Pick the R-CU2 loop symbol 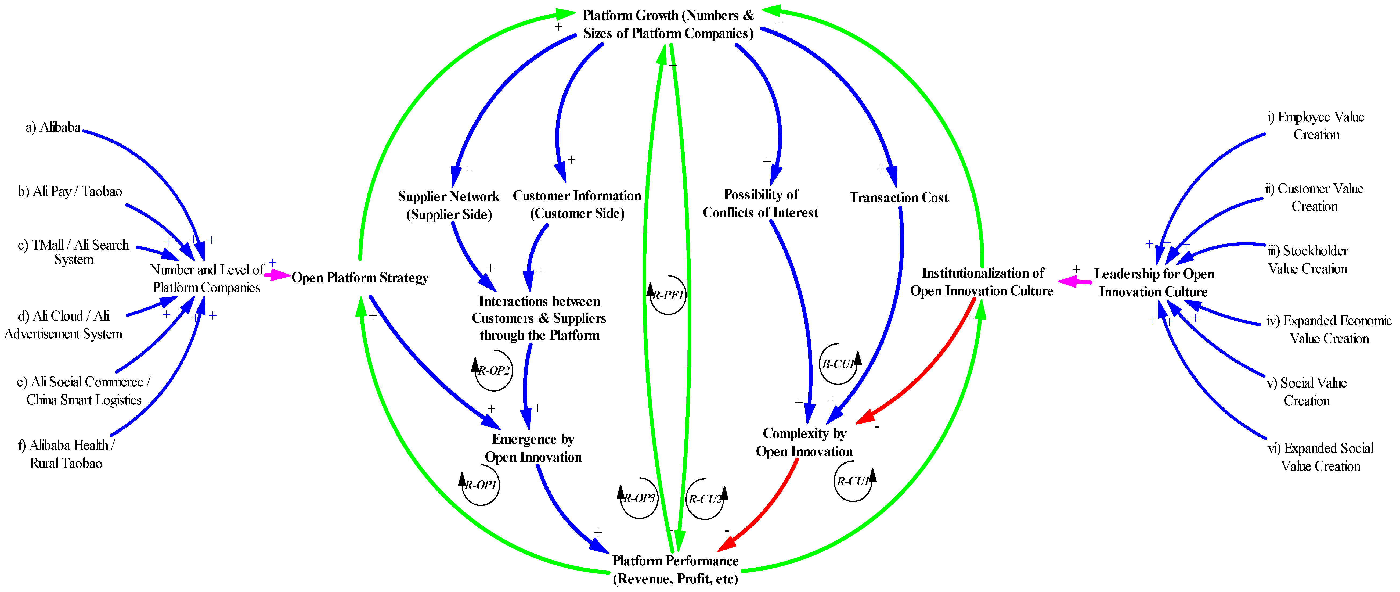pos(705,499)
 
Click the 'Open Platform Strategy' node pos(360,278)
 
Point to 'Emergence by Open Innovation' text pos(533,448)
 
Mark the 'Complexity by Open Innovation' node pos(804,443)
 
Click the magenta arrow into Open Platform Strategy pos(277,276)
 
